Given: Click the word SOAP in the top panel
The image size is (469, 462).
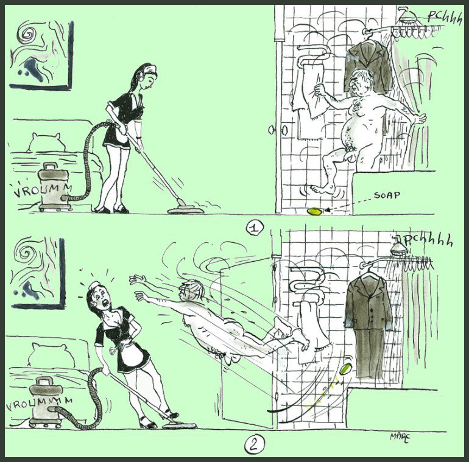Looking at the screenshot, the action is point(387,195).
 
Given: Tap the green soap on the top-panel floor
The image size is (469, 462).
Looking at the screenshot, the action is point(316,211).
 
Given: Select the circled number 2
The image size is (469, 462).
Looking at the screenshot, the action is point(254,445).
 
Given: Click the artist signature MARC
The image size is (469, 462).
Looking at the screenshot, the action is point(400,437).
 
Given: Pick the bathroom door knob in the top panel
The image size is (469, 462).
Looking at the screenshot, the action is point(272,130).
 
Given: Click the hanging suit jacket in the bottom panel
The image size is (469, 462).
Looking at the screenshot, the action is point(369,302).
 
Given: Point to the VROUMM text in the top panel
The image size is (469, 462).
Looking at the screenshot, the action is point(42,191).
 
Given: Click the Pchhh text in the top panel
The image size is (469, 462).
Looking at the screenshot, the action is point(444,17).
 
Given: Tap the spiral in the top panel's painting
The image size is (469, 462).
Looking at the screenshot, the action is point(26,34).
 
